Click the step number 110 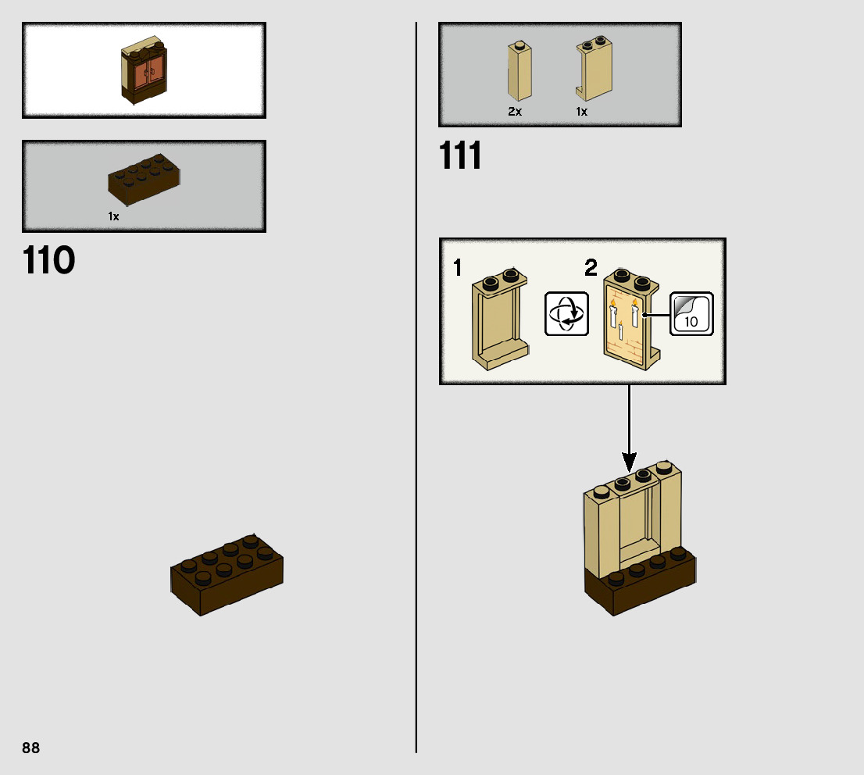coord(48,261)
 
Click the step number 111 coord(460,156)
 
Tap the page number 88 coord(31,748)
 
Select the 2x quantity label coord(514,112)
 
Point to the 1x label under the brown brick coord(114,216)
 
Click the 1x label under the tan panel coord(581,112)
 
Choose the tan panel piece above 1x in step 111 coord(594,70)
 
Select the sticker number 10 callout coord(691,313)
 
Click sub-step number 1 coord(458,269)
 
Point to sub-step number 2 coord(591,269)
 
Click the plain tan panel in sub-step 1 coord(498,322)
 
